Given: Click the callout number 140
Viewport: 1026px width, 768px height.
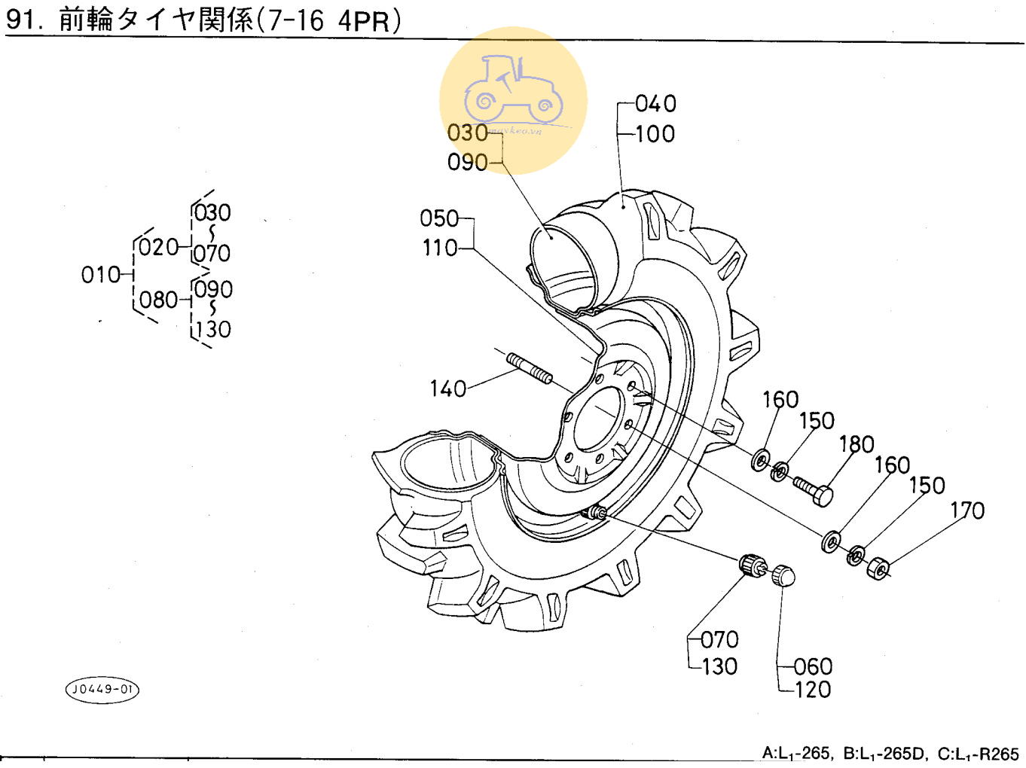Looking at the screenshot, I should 448,389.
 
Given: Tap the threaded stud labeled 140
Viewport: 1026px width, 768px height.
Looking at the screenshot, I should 530,368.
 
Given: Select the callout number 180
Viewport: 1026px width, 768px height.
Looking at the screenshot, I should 857,444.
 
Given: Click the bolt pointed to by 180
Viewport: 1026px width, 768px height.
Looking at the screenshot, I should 813,490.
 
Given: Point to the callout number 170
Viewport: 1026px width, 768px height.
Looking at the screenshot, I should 967,510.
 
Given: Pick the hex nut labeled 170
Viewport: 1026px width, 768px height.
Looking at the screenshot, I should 878,568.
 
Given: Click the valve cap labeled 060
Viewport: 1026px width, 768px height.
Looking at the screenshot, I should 783,577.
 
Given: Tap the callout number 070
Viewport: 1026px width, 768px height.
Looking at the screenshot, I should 719,640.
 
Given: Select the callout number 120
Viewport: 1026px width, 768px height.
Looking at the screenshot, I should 813,690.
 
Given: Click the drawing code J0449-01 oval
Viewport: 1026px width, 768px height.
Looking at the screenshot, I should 102,689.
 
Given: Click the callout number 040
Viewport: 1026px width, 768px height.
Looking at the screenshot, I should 655,104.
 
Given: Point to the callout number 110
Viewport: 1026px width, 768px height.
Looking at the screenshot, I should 440,248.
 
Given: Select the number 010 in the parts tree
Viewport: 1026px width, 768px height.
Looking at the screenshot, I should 100,275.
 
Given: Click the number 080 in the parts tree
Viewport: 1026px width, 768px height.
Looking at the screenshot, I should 158,300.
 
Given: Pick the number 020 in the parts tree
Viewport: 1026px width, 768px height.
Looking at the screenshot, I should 158,247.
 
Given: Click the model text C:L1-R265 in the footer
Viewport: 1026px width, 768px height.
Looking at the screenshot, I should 978,754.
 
